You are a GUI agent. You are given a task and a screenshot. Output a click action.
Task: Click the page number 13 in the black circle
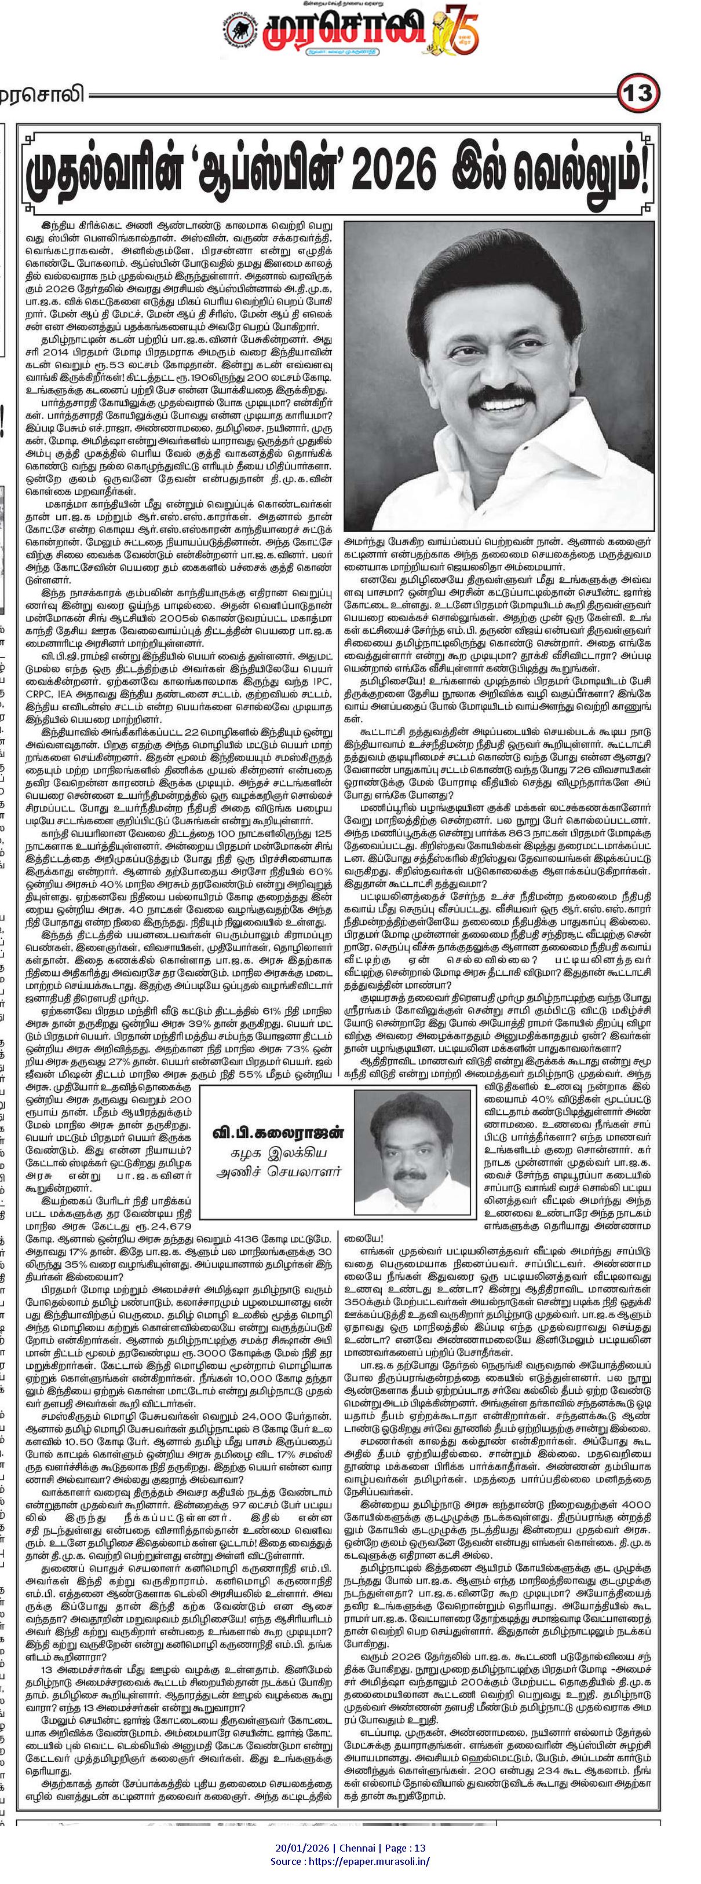[638, 94]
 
